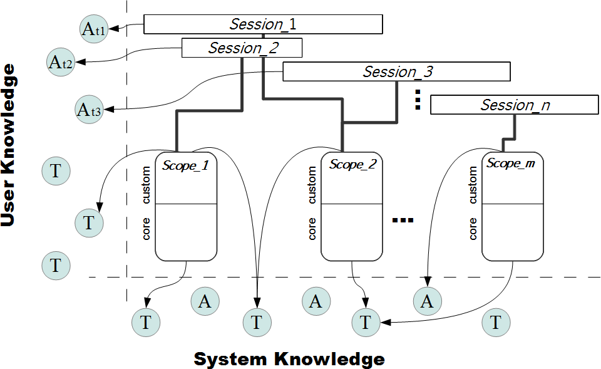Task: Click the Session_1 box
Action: (x=263, y=24)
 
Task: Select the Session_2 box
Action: (x=242, y=48)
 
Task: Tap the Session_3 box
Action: (x=397, y=72)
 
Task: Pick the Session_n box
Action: (x=515, y=105)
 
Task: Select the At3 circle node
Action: (x=89, y=109)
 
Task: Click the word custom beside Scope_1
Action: (x=146, y=185)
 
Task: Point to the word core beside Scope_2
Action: (x=312, y=229)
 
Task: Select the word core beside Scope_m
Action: (x=473, y=229)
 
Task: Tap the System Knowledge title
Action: (x=289, y=359)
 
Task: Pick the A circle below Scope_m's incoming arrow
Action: (x=427, y=301)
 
